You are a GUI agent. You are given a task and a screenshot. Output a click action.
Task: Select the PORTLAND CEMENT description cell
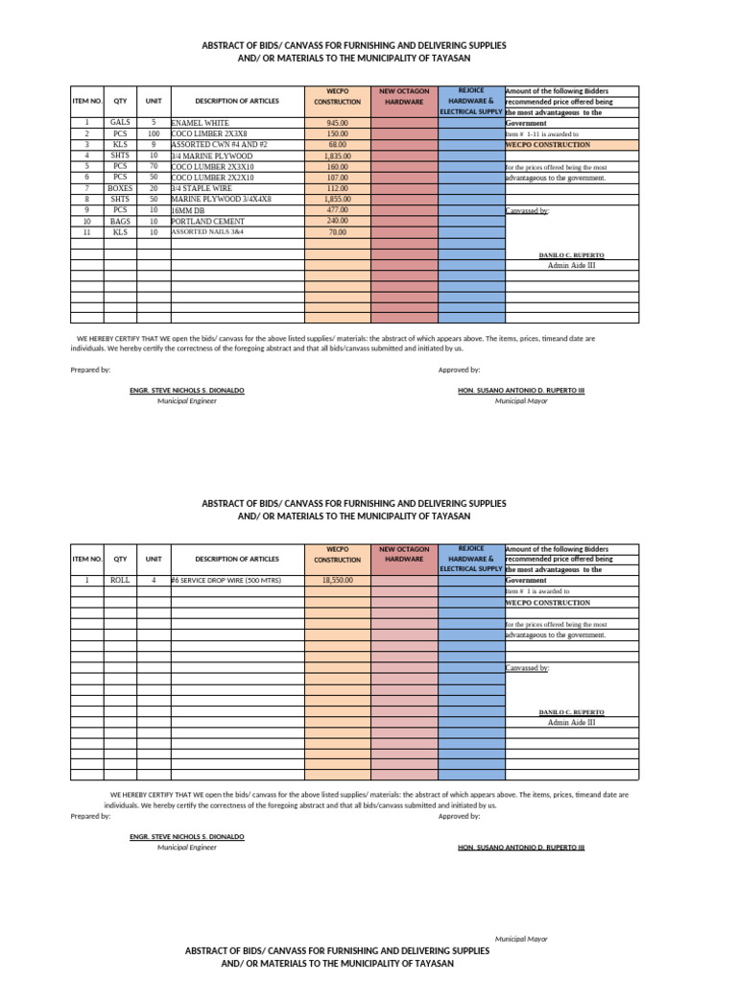[x=207, y=221]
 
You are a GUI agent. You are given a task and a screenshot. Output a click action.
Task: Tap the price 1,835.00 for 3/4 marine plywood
[x=337, y=156]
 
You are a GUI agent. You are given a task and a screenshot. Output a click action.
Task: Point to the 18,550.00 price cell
[x=337, y=581]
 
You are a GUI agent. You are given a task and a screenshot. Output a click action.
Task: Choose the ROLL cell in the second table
[x=120, y=581]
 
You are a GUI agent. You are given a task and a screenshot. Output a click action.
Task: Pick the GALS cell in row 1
[x=120, y=123]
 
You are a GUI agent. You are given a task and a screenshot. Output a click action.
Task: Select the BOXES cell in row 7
[x=120, y=188]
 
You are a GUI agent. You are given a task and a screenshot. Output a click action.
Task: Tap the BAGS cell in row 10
[x=120, y=221]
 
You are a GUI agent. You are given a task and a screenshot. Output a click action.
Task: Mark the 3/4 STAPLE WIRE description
[x=202, y=188]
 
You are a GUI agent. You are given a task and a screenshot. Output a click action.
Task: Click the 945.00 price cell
[x=337, y=123]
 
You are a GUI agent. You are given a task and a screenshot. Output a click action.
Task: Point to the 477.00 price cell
[x=337, y=209]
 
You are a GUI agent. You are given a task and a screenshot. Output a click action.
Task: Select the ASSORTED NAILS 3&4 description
[x=208, y=232]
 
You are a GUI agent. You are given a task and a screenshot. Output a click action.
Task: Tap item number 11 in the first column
[x=86, y=232]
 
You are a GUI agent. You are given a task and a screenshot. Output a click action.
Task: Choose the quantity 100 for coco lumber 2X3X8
[x=154, y=133]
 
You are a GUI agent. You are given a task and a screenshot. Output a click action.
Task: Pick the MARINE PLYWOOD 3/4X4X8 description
[x=221, y=199]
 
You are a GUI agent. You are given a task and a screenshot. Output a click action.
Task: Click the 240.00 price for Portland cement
[x=337, y=221]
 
